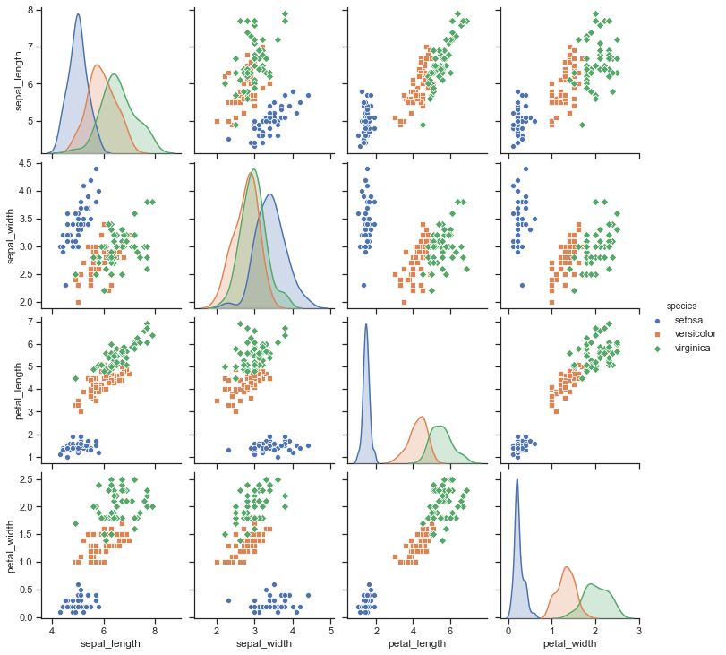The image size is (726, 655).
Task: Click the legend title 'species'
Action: pos(681,306)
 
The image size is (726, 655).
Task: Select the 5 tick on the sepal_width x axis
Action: pos(331,631)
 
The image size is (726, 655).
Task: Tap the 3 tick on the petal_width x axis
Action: pos(638,631)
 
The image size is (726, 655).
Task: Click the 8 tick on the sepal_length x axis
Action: pos(155,631)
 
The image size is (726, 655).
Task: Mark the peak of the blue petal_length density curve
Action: pos(365,324)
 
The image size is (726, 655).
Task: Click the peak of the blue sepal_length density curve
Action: pos(78,14)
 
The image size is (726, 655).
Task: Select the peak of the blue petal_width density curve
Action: pos(517,479)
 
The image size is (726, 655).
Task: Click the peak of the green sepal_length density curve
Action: pos(115,74)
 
